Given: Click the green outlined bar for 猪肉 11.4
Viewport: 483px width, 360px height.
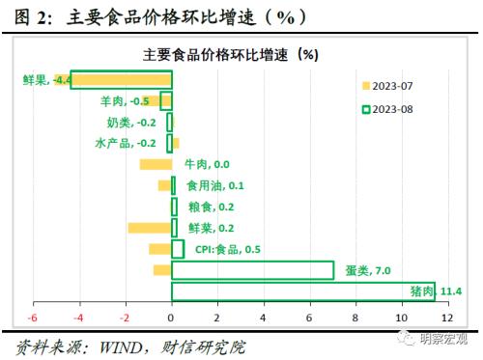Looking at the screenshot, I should (x=302, y=291).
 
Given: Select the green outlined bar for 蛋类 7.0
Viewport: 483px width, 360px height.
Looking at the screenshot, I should (x=252, y=270).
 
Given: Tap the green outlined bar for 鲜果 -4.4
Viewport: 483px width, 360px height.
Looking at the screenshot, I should (x=120, y=80).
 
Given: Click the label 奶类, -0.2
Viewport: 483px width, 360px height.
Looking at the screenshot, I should (x=131, y=123).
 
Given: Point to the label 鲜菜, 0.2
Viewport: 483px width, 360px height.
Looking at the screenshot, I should (x=211, y=228).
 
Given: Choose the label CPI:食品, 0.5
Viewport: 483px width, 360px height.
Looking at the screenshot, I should (x=228, y=249).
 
